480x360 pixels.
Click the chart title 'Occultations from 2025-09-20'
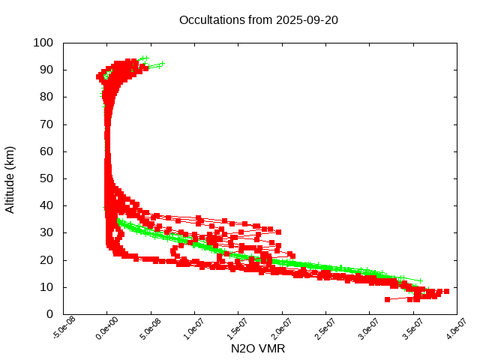259,19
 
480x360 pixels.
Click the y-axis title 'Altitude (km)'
10,178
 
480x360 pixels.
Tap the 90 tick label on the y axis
46,70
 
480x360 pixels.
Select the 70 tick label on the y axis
46,124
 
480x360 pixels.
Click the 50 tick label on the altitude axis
46,178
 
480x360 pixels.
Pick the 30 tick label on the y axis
46,232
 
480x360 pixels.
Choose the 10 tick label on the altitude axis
46,286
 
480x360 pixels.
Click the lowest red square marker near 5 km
388,299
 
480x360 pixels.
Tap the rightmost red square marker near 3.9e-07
446,291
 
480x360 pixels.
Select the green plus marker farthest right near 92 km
161,64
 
